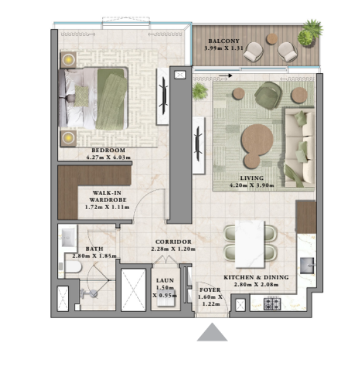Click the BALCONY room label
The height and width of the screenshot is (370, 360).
pos(224,41)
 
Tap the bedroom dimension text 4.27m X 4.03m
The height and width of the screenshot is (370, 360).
pos(109,157)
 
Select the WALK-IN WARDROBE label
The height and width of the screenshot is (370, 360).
pos(108,196)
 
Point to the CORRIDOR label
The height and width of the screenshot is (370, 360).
pos(173,242)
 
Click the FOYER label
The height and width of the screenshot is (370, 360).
pos(210,290)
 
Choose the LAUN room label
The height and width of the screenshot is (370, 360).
pos(165,280)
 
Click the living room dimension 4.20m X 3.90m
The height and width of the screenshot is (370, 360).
pos(252,185)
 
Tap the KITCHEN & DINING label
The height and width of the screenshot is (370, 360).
pos(256,278)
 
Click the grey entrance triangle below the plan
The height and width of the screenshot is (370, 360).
pos(212,332)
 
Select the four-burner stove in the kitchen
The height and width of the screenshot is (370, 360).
pos(272,304)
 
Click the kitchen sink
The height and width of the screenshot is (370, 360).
pos(307,266)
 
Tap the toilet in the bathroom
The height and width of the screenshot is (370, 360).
pos(73,267)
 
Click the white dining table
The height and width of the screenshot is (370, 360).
pos(250,244)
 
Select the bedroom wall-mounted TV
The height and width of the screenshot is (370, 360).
pos(164,96)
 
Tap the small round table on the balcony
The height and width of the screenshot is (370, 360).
pos(272,39)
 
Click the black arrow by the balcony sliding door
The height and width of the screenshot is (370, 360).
pos(225,76)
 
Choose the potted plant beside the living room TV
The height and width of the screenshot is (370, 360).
pos(200,91)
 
